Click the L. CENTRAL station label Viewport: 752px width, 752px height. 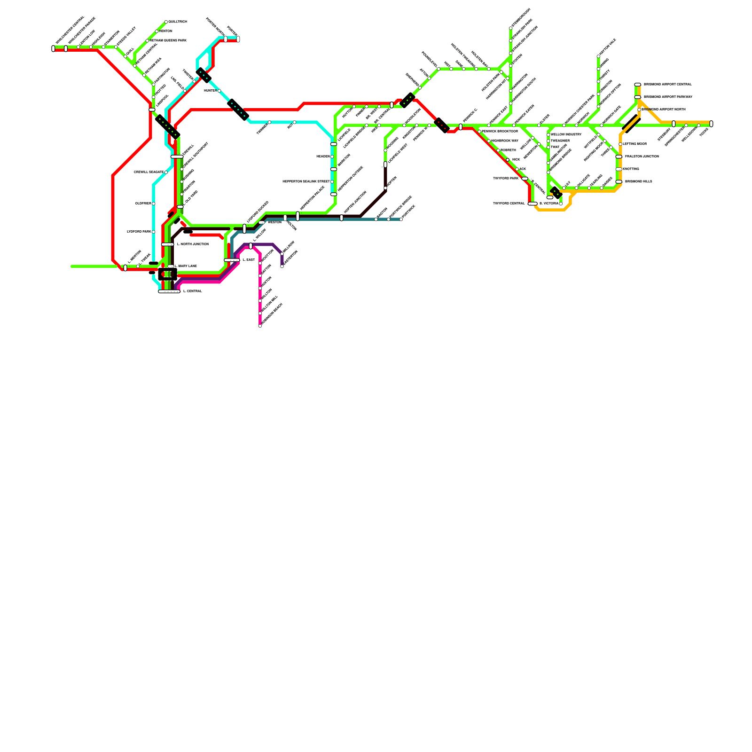(192, 291)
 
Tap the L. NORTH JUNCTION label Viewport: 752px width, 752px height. (193, 244)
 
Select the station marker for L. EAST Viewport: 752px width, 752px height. (232, 260)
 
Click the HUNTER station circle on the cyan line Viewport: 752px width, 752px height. (219, 91)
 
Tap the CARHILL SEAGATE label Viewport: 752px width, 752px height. (149, 172)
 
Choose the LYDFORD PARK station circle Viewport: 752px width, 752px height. (154, 232)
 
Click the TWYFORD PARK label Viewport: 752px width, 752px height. (506, 179)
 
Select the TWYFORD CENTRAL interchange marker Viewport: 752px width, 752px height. (533, 204)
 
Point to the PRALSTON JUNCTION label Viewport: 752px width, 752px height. (642, 157)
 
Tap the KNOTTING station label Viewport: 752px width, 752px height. (631, 169)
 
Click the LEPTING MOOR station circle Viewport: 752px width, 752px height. (620, 144)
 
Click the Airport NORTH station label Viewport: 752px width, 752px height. (666, 110)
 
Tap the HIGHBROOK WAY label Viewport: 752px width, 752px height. (505, 141)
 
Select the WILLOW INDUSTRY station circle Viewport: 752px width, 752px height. (548, 135)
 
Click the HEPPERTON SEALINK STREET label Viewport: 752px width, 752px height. (306, 182)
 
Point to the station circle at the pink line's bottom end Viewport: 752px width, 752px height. (260, 326)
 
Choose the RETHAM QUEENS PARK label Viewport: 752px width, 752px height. (168, 41)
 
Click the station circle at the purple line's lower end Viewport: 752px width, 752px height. (282, 266)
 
